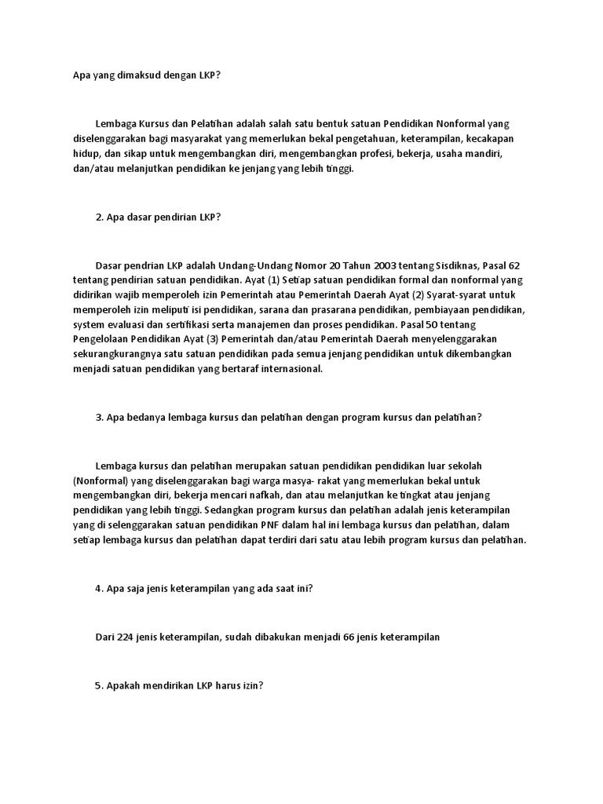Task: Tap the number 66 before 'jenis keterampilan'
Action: (349, 637)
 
